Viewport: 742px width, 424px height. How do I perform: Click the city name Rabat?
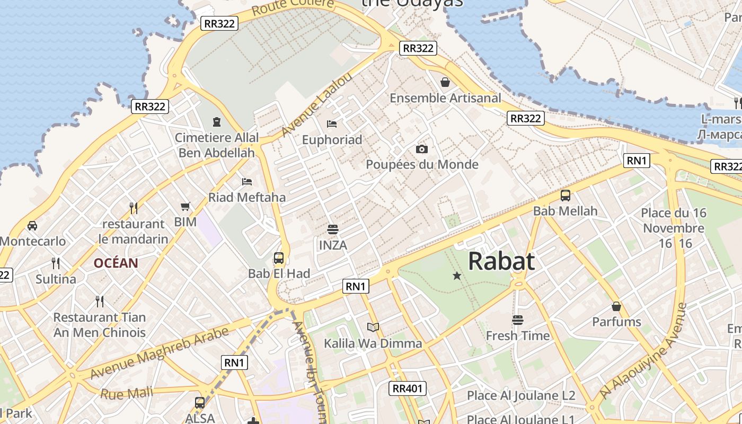pos(501,261)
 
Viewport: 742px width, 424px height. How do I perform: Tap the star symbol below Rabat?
pos(457,276)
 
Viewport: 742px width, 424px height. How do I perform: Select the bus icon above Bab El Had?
pos(279,258)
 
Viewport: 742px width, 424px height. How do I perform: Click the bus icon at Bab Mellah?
pos(566,195)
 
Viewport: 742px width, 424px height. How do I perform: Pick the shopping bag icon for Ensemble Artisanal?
pos(445,82)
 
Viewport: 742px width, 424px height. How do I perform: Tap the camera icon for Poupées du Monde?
pos(422,149)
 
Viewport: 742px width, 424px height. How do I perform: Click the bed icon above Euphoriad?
pos(332,124)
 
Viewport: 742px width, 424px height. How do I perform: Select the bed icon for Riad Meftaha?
pos(246,182)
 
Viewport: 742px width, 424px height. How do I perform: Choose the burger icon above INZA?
pos(333,229)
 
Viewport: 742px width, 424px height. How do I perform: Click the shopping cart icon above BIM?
pos(185,206)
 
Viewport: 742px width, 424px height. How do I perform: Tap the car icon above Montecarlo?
pos(32,226)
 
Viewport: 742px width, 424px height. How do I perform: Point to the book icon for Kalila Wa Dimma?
pos(373,327)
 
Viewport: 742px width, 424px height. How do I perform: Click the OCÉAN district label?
pos(116,263)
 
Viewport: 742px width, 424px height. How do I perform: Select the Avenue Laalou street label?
pos(316,105)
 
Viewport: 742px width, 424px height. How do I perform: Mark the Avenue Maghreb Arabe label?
pos(159,353)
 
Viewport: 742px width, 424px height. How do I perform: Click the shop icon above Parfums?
pos(616,306)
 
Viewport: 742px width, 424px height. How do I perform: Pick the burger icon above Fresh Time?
pos(518,320)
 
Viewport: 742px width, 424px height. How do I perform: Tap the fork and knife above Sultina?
pos(56,263)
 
